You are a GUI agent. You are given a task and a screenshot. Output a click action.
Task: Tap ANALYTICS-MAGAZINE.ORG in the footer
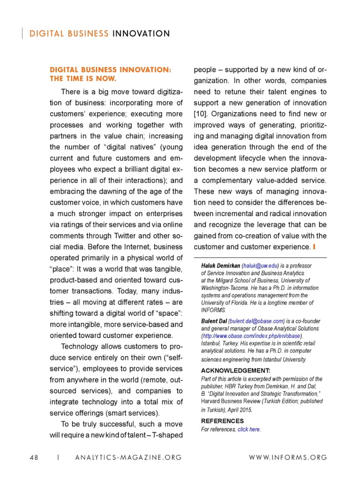[x=129, y=457]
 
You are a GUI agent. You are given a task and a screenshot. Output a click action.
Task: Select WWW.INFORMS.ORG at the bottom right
[x=288, y=457]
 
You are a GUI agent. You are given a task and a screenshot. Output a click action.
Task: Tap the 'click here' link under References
[x=249, y=430]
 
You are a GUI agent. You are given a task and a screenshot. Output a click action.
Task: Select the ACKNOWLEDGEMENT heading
[x=236, y=370]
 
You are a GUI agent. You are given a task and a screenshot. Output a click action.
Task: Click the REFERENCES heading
[x=223, y=421]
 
